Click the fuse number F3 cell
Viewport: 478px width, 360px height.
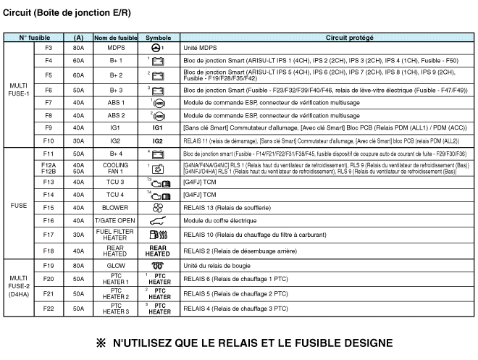[x=49, y=48]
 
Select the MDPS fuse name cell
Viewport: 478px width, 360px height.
[x=116, y=48]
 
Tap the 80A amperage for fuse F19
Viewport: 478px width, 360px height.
[x=78, y=266]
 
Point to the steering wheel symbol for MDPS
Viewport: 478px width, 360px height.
[x=157, y=48]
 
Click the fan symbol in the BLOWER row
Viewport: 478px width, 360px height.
[x=157, y=208]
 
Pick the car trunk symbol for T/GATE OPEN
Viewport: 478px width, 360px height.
[x=157, y=220]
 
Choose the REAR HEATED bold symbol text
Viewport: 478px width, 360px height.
[x=157, y=251]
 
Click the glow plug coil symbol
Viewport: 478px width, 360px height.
[x=157, y=266]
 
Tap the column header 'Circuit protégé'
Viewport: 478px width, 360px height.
[x=324, y=37]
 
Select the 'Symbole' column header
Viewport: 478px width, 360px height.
[x=157, y=37]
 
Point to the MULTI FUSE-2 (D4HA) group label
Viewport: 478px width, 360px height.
[x=19, y=288]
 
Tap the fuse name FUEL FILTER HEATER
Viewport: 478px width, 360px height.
[x=116, y=235]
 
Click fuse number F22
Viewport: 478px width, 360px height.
[x=49, y=311]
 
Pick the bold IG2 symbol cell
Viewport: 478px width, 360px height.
[x=157, y=141]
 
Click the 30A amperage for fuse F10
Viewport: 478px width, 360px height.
[x=78, y=141]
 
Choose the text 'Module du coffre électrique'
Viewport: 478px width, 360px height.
[x=220, y=220]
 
